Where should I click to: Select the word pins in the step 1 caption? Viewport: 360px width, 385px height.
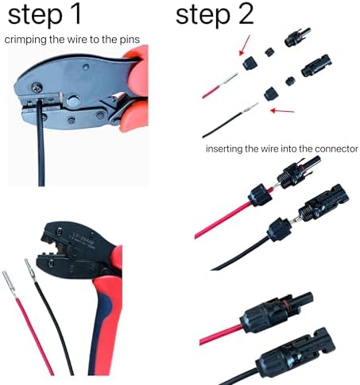coord(130,40)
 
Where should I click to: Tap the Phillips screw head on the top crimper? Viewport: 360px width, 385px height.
coord(37,87)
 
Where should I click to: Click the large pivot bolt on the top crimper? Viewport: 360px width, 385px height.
coord(72,100)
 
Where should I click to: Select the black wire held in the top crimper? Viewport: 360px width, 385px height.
coord(41,143)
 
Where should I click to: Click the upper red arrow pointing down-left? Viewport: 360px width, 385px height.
coord(244,45)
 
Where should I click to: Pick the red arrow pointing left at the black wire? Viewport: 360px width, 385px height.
coord(282,110)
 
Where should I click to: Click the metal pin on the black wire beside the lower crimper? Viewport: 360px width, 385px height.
coord(30,271)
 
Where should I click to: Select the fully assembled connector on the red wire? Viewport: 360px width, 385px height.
coord(277,311)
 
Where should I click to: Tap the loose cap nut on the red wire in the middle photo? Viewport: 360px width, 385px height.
coord(260,195)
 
